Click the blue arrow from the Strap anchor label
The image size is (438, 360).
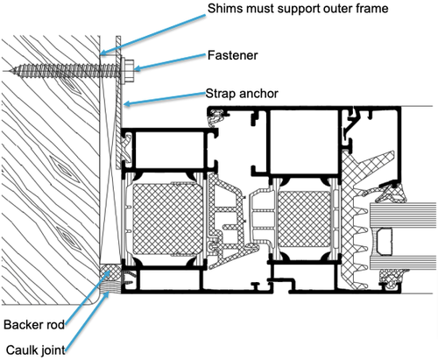(x=163, y=97)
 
